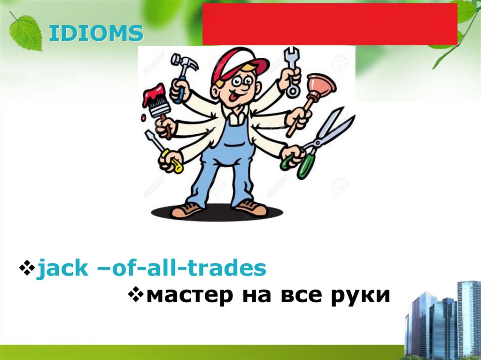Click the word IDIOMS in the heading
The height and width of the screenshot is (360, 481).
pos(96,34)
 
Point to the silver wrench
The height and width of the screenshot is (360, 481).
pos(292,70)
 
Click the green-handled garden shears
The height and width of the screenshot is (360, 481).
pos(319,141)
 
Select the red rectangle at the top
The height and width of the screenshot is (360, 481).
pos(329,24)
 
